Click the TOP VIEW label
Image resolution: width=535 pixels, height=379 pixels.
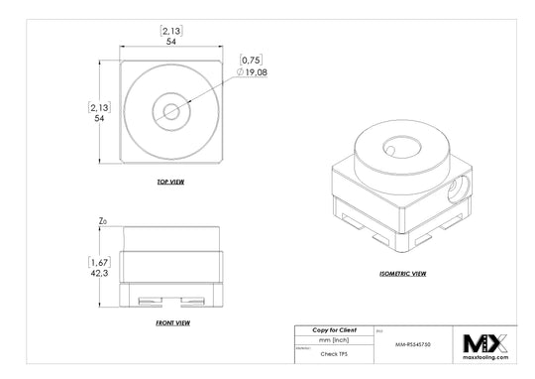170,183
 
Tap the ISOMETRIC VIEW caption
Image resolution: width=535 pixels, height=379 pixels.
403,272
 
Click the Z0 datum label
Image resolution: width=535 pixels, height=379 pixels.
103,223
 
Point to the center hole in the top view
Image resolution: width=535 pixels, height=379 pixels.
170,111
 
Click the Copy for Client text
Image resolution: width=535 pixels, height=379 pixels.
334,329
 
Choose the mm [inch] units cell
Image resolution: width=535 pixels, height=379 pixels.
334,339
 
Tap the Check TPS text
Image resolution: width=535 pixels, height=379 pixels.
334,353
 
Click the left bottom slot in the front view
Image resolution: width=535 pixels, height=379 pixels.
147,301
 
